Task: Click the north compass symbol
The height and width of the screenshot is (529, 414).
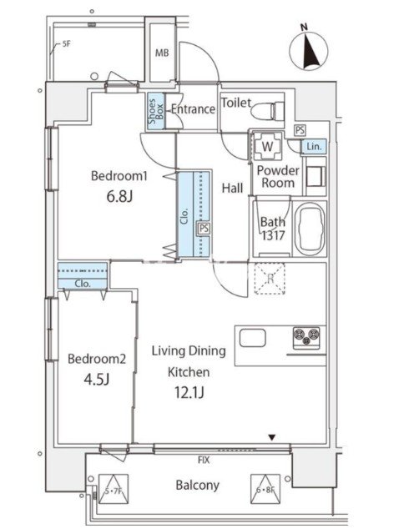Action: click(308, 51)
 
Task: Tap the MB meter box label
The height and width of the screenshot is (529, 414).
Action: click(162, 53)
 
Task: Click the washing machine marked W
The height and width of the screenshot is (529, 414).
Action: click(268, 146)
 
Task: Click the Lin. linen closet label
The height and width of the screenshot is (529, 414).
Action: click(314, 147)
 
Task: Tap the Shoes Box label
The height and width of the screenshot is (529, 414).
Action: click(156, 111)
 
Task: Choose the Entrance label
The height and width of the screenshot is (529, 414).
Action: click(193, 109)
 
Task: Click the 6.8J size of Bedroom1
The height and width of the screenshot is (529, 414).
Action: click(119, 196)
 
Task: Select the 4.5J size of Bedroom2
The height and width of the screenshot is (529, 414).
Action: click(97, 380)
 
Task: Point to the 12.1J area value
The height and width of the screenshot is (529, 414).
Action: click(189, 392)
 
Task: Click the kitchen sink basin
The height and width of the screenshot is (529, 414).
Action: click(252, 339)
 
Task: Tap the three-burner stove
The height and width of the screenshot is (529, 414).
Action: click(306, 337)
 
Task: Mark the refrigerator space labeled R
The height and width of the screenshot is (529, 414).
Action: click(270, 279)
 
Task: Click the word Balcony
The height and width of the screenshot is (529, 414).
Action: click(197, 485)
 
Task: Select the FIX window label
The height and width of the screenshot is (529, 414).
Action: click(204, 460)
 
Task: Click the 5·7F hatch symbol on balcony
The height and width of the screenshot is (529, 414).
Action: click(113, 489)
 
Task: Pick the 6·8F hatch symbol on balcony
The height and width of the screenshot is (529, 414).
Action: click(265, 489)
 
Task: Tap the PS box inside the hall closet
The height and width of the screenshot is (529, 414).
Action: click(204, 229)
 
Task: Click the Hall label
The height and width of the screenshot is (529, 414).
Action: click(233, 188)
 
